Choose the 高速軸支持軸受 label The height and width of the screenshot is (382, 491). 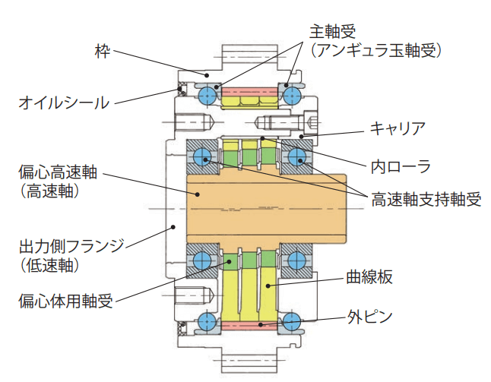click(x=426, y=200)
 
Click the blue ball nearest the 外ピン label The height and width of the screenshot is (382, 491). click(x=293, y=320)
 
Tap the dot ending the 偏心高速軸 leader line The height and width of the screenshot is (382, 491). click(x=197, y=194)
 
